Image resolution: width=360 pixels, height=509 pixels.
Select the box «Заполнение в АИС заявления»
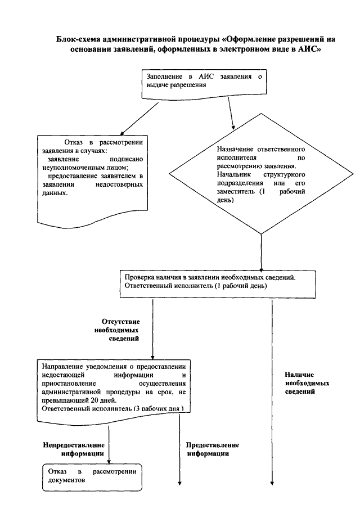click(204, 84)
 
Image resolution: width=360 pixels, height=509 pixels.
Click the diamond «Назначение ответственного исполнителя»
click(261, 173)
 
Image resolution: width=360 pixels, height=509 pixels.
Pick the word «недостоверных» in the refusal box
click(119, 184)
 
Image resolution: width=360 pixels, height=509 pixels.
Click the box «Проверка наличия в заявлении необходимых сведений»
click(218, 283)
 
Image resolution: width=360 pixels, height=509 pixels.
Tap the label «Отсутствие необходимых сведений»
click(117, 330)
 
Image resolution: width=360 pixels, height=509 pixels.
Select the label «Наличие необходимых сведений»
click(307, 383)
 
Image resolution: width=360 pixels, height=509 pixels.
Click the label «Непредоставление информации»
click(74, 449)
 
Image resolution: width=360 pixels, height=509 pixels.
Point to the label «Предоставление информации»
click(213, 449)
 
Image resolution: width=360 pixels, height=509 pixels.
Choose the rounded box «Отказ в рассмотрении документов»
click(92, 477)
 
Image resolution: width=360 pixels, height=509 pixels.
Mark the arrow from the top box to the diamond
click(231, 113)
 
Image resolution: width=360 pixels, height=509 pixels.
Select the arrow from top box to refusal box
click(139, 118)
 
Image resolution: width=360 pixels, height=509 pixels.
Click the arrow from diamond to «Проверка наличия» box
click(262, 252)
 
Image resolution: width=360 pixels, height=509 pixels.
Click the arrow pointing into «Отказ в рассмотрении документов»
click(109, 445)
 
